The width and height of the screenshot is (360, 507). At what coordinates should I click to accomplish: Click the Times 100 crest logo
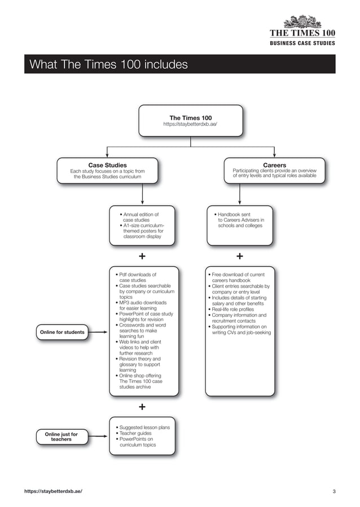(x=303, y=21)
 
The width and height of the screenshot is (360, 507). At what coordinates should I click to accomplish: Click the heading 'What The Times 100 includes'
(x=108, y=65)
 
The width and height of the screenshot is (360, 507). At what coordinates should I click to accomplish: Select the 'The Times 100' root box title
(x=191, y=118)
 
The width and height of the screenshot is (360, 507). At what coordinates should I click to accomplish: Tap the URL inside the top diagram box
(x=191, y=124)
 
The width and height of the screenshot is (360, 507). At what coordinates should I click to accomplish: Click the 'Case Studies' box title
(x=107, y=165)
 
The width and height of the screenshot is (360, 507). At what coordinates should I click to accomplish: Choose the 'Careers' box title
(x=274, y=165)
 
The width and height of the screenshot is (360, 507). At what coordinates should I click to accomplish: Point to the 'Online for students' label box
(x=62, y=332)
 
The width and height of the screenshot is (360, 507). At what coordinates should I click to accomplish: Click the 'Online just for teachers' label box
(x=62, y=437)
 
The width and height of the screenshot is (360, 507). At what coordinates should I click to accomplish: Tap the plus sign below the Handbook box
(x=240, y=257)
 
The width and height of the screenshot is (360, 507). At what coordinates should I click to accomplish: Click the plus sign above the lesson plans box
(x=142, y=407)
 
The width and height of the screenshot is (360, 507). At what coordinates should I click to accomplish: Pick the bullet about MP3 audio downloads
(x=143, y=305)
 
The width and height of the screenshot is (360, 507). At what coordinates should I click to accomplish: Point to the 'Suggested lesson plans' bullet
(x=144, y=427)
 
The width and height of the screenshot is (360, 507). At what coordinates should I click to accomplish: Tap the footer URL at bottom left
(x=53, y=492)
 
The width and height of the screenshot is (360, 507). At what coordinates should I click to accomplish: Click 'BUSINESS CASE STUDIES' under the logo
(x=302, y=43)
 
